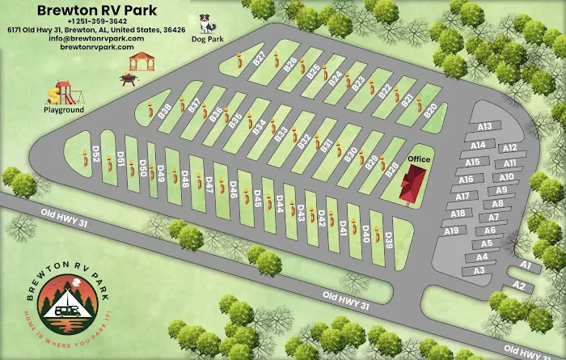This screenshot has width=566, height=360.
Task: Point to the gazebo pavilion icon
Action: point(141,61)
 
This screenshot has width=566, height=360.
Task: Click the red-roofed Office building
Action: point(411,185)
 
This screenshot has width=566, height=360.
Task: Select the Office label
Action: point(419,159)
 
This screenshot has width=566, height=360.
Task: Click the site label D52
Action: point(95,154)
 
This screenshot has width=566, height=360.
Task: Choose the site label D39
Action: point(389,239)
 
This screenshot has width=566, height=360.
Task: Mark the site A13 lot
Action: point(485,126)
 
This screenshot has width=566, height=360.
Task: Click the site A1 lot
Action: point(526,265)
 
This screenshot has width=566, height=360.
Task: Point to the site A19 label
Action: point(452,231)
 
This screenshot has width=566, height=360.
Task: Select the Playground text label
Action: point(64,109)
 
